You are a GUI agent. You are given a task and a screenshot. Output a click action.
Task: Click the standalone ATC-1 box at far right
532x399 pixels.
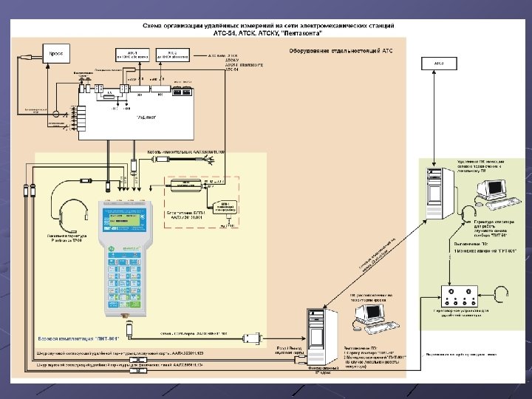click(x=439, y=64)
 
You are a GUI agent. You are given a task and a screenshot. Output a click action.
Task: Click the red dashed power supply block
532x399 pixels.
click(x=188, y=188)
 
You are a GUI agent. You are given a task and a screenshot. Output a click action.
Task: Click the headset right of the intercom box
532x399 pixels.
click(x=502, y=295)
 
